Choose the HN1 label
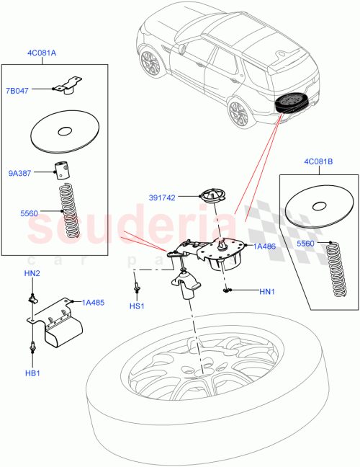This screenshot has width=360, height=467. tap(267, 291)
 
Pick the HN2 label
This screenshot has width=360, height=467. tap(33, 273)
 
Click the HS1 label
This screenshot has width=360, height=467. tap(135, 306)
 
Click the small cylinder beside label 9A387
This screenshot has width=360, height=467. tap(63, 171)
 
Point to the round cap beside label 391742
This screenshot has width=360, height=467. tap(210, 197)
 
